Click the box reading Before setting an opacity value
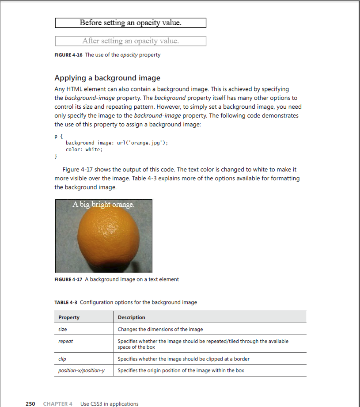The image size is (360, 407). coord(130,23)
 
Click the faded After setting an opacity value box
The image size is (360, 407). coord(130,41)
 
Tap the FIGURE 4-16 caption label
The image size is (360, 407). coord(68,55)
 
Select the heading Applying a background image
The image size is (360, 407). coord(107,78)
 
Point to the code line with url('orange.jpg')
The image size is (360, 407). coord(117,143)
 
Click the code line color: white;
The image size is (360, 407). coord(84,150)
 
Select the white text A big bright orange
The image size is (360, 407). coord(103,205)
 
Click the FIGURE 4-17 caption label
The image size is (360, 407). coord(68,279)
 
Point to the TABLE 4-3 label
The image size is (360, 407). coord(66,302)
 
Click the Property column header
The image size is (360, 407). coord(69,317)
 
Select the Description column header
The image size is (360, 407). coord(131,317)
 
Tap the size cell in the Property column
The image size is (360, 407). coord(63,329)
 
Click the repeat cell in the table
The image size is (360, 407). coord(65,341)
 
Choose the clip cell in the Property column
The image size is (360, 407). coord(62,359)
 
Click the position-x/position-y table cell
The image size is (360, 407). coord(81,370)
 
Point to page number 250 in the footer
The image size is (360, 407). coord(30,403)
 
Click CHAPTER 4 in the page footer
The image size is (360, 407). coord(58,403)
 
